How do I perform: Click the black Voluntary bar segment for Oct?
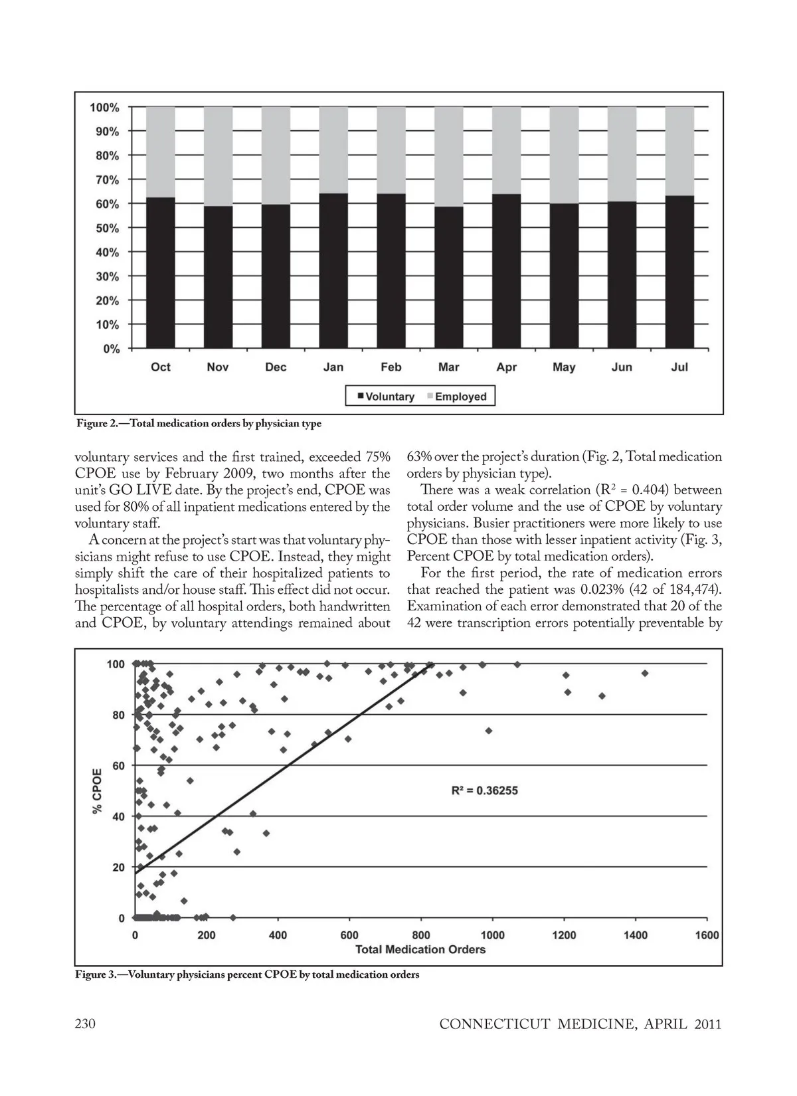click(160, 273)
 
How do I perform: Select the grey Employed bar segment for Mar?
click(449, 157)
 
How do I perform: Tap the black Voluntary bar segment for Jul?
click(679, 272)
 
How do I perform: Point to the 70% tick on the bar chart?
click(105, 180)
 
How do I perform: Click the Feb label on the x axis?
click(391, 367)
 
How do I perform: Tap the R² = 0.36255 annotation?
click(485, 790)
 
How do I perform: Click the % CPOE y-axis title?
click(97, 790)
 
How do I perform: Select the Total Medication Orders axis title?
click(420, 949)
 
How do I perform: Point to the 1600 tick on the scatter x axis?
click(707, 935)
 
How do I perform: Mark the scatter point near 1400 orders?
click(644, 674)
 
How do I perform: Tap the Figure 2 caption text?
click(199, 424)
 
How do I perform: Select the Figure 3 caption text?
click(247, 975)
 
